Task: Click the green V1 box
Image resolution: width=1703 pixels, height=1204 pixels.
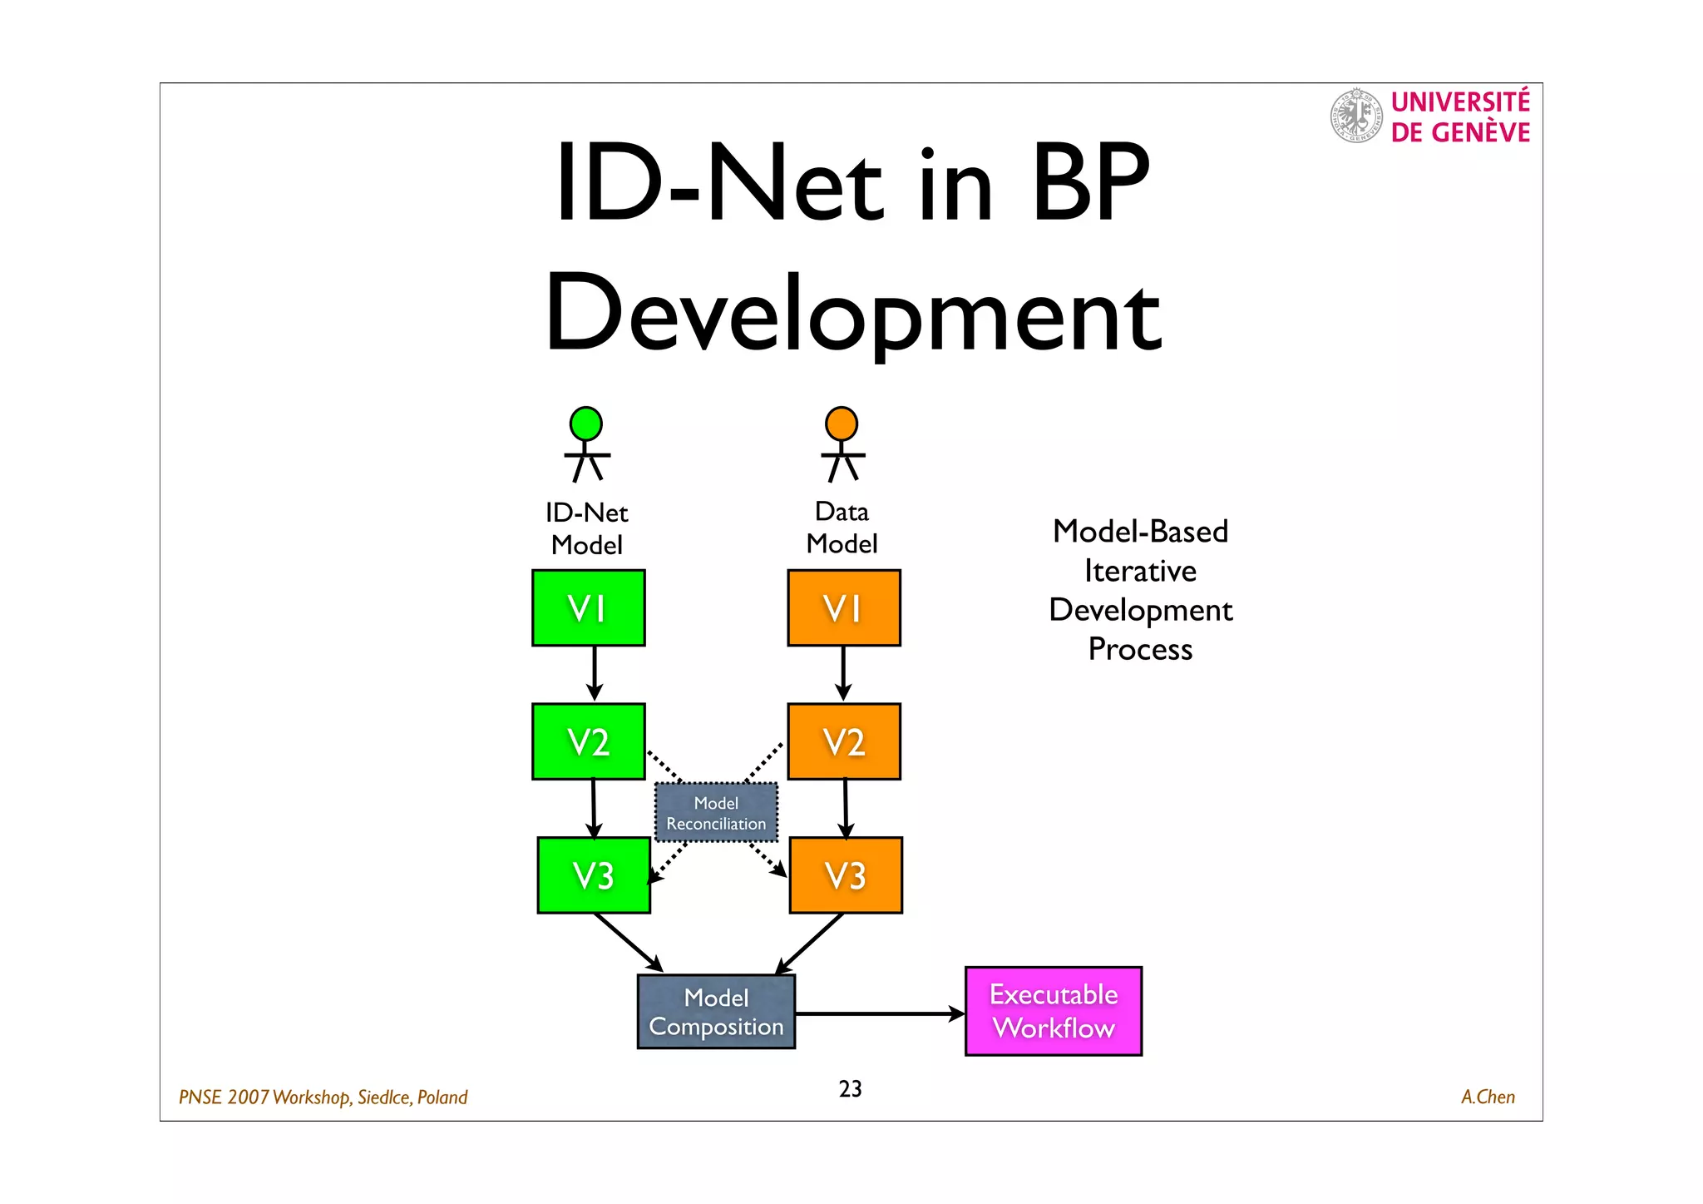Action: coord(588,607)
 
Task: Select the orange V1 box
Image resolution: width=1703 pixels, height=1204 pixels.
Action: coord(843,607)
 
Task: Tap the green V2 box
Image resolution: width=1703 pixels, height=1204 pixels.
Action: coord(588,741)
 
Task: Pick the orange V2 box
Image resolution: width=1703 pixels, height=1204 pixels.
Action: coord(843,741)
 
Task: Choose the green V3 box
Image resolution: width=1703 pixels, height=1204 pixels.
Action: coord(594,875)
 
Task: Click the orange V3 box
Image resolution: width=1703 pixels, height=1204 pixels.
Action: coord(846,875)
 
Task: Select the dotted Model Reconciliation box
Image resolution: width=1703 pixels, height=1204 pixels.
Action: coord(716,812)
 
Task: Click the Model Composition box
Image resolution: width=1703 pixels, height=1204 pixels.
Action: coord(716,1011)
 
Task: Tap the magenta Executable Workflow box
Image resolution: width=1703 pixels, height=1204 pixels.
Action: coord(1053,1011)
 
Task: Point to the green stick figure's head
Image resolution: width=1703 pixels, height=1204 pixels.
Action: coord(586,424)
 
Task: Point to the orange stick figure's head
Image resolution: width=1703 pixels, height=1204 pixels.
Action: coord(842,424)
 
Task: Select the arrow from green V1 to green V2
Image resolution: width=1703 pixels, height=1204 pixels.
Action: coord(594,673)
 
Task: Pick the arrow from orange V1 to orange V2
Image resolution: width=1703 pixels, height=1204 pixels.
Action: coord(843,673)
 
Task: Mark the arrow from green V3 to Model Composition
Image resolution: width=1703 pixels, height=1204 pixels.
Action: coord(628,942)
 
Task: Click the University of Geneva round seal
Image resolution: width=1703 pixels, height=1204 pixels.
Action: coord(1356,116)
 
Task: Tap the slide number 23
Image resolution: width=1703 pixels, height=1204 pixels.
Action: coord(850,1088)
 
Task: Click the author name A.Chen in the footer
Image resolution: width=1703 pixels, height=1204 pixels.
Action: coord(1488,1097)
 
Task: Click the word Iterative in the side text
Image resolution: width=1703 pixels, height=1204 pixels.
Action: coord(1140,571)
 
